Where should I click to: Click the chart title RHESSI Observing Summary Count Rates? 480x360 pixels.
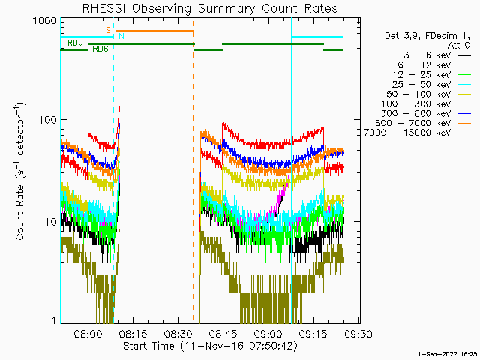pos(210,8)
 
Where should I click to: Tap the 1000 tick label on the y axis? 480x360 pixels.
pos(45,21)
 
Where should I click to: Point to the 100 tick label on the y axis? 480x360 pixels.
pos(48,120)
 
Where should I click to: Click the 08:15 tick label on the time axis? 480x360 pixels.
pos(133,334)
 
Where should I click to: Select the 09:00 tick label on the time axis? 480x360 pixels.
pos(268,334)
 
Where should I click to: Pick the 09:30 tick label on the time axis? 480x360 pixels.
pos(358,334)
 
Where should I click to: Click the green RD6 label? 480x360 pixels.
pos(100,49)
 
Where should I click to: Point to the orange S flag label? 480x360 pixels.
pos(108,30)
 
